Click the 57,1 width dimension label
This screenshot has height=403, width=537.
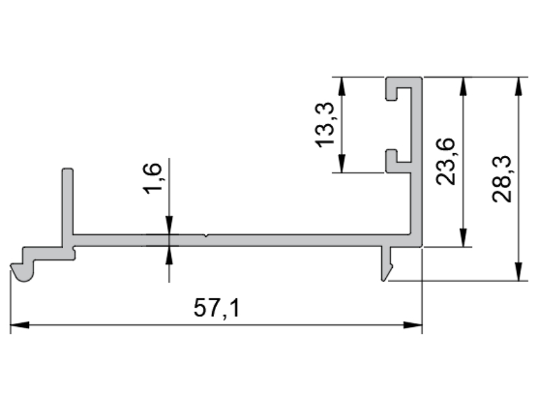click(x=217, y=308)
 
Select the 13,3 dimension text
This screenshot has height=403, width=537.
click(x=324, y=125)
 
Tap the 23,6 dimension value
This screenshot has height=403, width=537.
click(x=446, y=161)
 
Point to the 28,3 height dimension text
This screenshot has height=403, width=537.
click(x=501, y=179)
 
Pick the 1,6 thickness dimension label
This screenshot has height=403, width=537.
click(x=152, y=178)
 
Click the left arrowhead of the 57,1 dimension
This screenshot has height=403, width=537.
click(x=20, y=324)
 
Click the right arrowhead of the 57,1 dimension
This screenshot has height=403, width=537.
click(x=413, y=324)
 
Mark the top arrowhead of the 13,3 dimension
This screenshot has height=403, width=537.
click(x=342, y=87)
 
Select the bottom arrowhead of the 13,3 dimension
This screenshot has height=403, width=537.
click(x=342, y=163)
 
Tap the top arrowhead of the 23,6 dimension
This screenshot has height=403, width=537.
click(x=463, y=87)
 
